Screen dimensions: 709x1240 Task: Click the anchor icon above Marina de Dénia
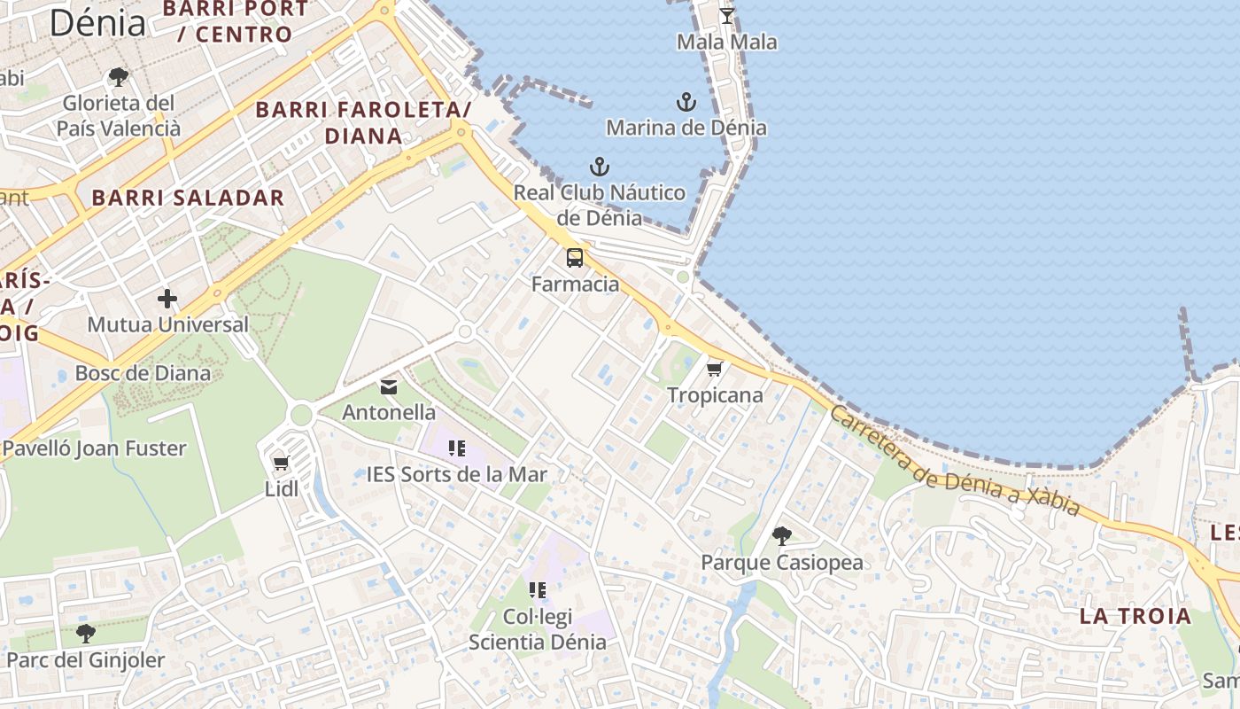(x=686, y=102)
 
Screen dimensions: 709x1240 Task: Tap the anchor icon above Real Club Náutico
(x=600, y=167)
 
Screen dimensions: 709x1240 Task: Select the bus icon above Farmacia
(x=575, y=258)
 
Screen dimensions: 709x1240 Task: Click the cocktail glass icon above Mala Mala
(x=727, y=15)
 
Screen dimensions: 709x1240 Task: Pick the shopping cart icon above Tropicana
(x=715, y=369)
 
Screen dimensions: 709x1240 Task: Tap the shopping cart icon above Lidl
(x=282, y=463)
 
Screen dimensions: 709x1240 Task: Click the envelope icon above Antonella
(x=389, y=386)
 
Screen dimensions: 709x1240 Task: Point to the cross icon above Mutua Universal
(x=167, y=299)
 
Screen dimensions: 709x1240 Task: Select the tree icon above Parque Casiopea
(x=781, y=535)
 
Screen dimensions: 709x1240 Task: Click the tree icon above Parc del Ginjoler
(x=85, y=633)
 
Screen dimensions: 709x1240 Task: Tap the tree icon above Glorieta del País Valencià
(x=118, y=77)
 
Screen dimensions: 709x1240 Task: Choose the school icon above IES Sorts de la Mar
(x=457, y=448)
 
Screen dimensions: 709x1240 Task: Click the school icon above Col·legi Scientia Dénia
(x=538, y=590)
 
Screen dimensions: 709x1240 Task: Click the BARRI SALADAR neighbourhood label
(x=188, y=198)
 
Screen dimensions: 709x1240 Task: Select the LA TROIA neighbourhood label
(x=1135, y=616)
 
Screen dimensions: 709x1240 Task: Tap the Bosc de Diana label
(x=143, y=372)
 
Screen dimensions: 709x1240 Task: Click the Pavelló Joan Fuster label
(x=94, y=448)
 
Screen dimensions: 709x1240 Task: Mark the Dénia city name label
(x=97, y=22)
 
